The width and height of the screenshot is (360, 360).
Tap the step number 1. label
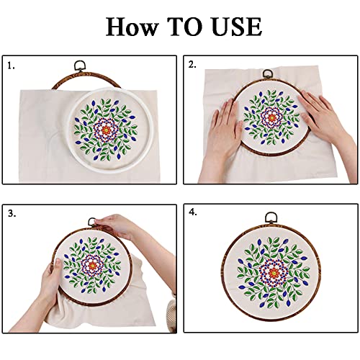pyautogui.click(x=11, y=65)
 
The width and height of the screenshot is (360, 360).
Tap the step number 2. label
pyautogui.click(x=192, y=65)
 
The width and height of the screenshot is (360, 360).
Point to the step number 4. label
pyautogui.click(x=193, y=213)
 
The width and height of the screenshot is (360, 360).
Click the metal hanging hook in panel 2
pyautogui.click(x=268, y=73)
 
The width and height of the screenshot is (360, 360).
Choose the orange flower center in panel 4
pyautogui.click(x=271, y=271)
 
